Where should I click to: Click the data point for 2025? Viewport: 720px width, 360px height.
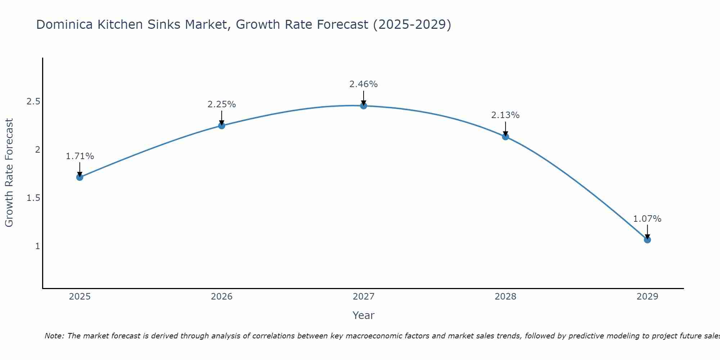(x=80, y=177)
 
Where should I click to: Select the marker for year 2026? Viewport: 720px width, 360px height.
(x=222, y=126)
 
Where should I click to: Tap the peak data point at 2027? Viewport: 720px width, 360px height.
(x=364, y=106)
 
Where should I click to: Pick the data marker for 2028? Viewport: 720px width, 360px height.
(x=505, y=137)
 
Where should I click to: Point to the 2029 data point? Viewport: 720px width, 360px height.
(x=647, y=240)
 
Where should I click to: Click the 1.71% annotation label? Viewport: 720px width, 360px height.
(x=80, y=156)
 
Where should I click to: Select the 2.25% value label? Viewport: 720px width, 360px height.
(x=222, y=104)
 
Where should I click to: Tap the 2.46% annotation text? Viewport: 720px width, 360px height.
(x=364, y=84)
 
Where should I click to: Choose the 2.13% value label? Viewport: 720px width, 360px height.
(x=505, y=115)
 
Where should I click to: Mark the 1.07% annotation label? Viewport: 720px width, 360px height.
(x=647, y=219)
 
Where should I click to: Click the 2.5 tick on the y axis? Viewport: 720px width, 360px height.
(x=33, y=102)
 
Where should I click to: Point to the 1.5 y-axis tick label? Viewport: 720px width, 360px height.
(x=33, y=198)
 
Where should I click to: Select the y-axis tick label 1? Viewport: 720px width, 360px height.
(x=37, y=246)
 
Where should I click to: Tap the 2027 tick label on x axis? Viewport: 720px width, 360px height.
(x=364, y=297)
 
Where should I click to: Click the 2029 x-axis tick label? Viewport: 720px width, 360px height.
(x=647, y=297)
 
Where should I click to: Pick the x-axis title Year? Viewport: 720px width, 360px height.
(x=364, y=315)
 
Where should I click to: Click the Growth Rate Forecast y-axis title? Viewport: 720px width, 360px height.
(x=9, y=173)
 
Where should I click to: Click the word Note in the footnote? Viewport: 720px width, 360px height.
(x=54, y=336)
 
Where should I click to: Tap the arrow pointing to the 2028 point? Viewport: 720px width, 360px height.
(x=505, y=129)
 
